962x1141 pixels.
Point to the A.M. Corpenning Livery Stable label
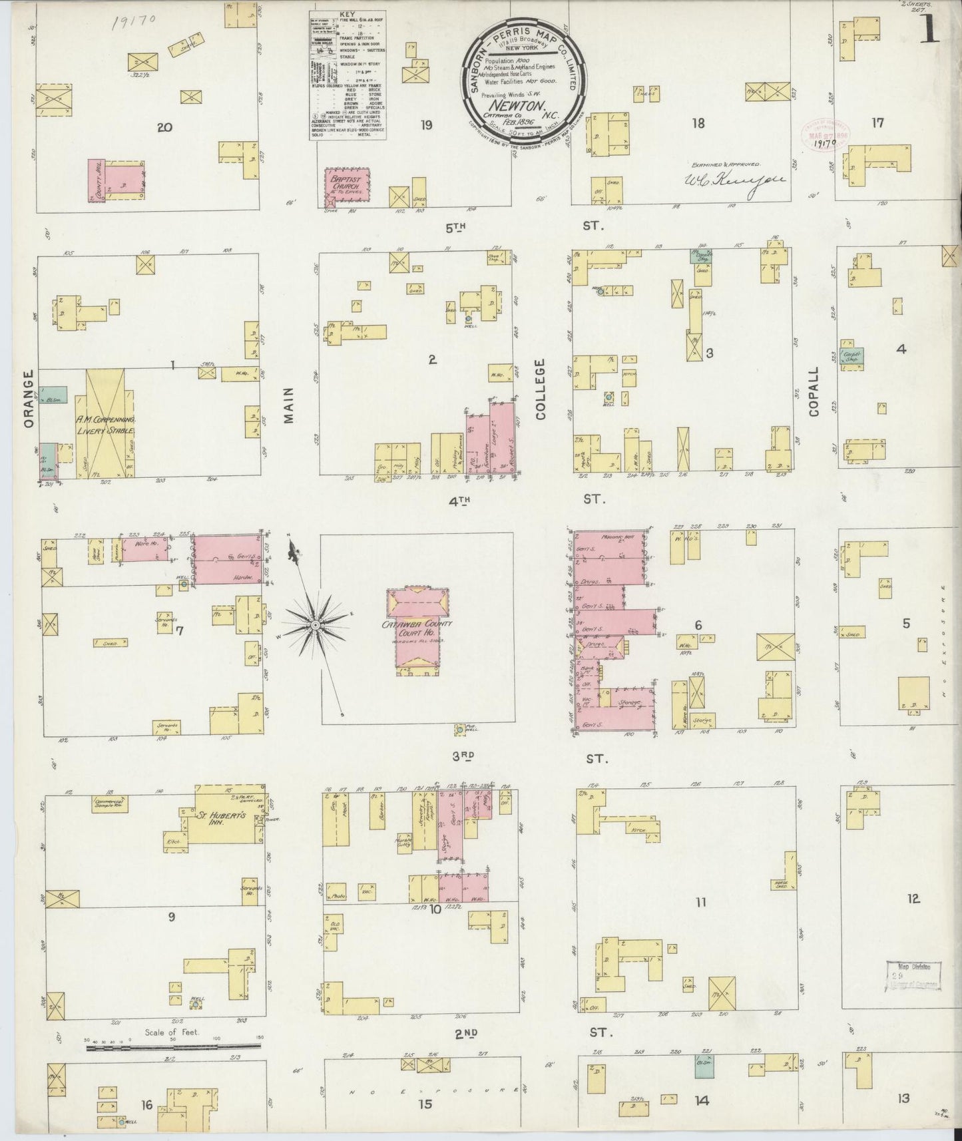(110, 425)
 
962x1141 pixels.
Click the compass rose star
(314, 626)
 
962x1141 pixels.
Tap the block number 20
(164, 127)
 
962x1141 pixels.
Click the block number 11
(700, 903)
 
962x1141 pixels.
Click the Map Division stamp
(913, 975)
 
